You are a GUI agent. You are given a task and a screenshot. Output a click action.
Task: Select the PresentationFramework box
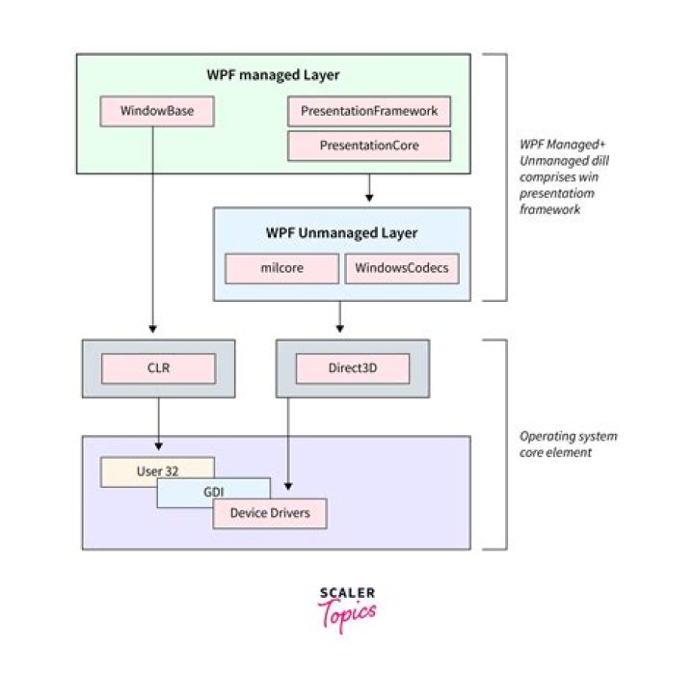369,112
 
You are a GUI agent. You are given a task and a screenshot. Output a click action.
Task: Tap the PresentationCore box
369,146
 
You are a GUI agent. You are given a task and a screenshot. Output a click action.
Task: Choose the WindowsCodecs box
402,269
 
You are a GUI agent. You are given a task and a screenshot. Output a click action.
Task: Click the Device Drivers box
270,513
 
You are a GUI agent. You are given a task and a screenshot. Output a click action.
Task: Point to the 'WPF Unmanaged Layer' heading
341,233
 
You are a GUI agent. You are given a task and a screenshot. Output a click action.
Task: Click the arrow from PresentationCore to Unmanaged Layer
369,189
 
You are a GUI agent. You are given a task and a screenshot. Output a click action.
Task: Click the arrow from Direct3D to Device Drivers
289,444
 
